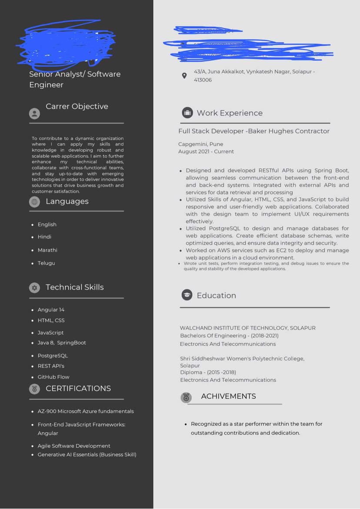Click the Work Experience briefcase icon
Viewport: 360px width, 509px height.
(187, 113)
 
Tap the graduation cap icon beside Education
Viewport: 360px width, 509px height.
(187, 295)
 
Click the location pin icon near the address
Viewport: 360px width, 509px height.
(184, 76)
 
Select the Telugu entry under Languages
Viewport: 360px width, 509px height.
(47, 263)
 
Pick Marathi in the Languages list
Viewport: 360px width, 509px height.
(47, 250)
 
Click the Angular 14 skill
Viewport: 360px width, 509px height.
(51, 309)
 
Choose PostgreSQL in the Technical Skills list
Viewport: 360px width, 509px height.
(53, 356)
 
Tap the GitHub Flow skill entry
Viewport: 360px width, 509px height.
(53, 377)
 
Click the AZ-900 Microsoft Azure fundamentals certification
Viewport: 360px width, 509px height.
(86, 411)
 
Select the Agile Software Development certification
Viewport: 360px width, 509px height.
(74, 446)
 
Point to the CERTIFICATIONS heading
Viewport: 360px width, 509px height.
(78, 388)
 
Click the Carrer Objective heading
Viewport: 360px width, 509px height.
(77, 106)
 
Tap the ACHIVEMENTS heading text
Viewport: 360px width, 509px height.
(228, 396)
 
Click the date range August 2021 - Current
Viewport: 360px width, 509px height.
(206, 152)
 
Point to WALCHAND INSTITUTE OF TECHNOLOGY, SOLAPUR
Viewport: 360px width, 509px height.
(248, 328)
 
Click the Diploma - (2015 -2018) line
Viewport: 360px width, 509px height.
(208, 372)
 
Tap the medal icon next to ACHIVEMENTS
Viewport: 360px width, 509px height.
(186, 397)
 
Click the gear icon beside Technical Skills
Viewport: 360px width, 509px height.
(34, 288)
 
